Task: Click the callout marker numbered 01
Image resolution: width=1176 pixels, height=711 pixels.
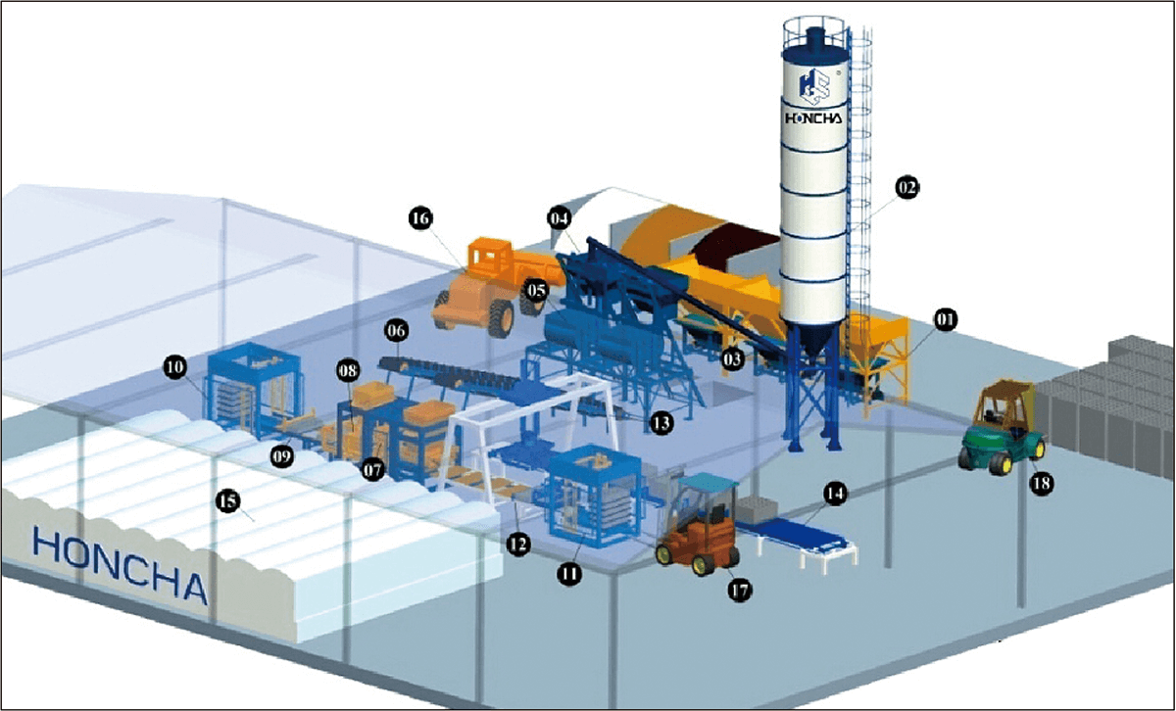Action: [x=946, y=320]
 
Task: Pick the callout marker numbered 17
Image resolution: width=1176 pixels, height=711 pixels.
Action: [x=740, y=590]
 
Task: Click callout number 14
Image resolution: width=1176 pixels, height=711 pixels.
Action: [x=834, y=496]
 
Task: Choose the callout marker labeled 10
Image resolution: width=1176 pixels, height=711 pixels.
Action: [x=175, y=367]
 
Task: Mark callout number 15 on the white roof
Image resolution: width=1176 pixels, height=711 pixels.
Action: [x=227, y=502]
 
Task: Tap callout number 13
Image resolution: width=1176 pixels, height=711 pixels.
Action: [x=661, y=423]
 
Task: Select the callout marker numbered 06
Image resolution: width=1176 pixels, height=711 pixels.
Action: [x=397, y=332]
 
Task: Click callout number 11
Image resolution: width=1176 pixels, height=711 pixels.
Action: [x=569, y=574]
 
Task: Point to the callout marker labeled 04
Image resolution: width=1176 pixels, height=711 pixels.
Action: [x=560, y=217]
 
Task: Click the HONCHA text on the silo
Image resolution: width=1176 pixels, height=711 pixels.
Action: [x=813, y=118]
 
